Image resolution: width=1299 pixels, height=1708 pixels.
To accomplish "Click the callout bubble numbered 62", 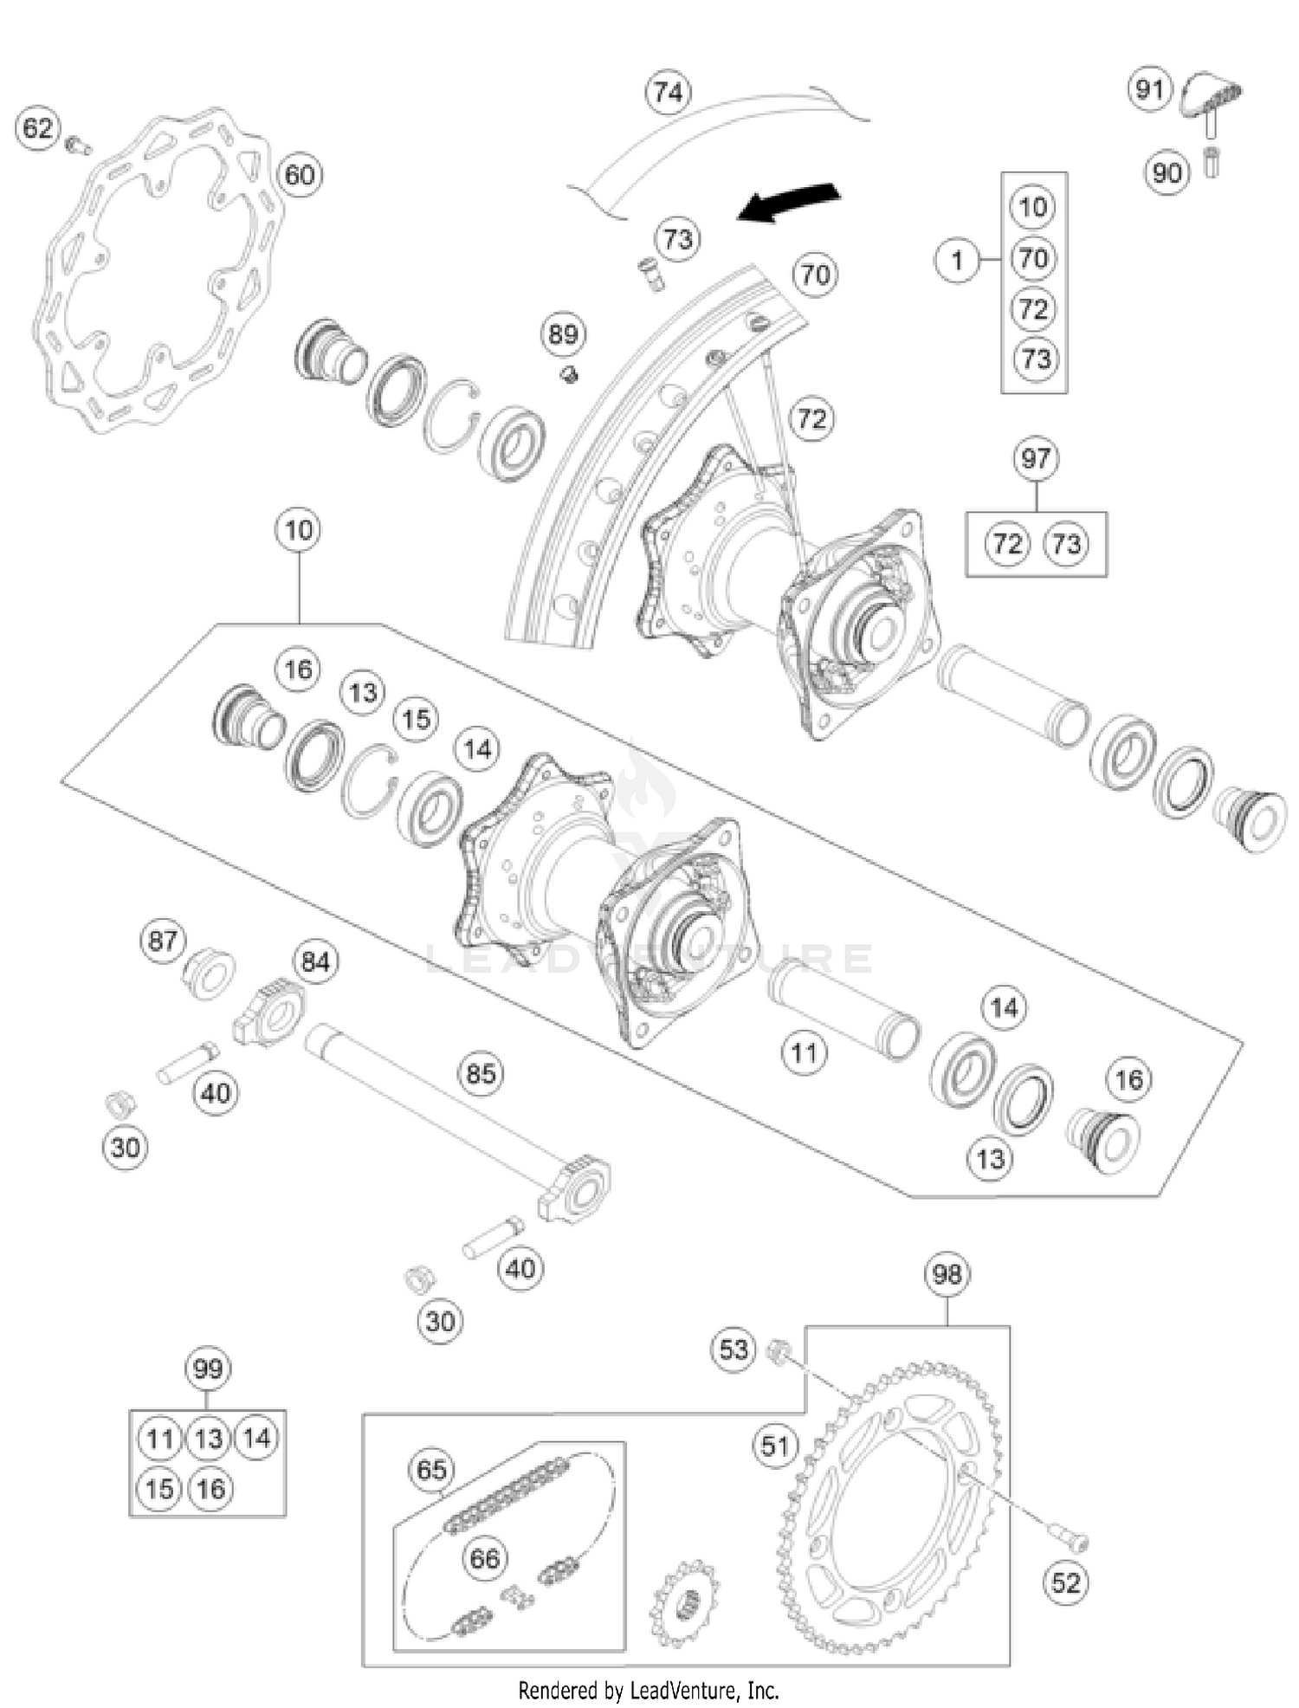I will [x=36, y=129].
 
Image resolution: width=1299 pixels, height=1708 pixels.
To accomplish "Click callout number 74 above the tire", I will [x=668, y=92].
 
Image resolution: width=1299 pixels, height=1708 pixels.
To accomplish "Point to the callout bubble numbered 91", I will [x=1149, y=89].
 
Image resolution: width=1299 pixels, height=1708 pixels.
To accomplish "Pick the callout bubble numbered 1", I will [x=956, y=260].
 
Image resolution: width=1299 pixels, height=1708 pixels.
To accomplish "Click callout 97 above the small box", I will [x=1036, y=458].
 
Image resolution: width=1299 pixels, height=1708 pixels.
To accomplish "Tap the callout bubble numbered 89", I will [x=563, y=334].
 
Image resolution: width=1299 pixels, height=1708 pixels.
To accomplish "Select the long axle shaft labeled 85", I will [x=433, y=1100].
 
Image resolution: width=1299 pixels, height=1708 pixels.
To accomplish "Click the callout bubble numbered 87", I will [x=162, y=941].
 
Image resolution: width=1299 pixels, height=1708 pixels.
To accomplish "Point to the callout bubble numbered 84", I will [x=315, y=961].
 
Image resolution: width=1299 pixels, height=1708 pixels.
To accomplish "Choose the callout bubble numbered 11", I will [x=804, y=1053].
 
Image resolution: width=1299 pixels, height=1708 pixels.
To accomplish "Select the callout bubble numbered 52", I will [x=1065, y=1583].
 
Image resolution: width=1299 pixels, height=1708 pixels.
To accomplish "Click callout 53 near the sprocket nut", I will [x=733, y=1349].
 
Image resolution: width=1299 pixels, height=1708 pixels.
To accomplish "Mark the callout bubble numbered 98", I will [x=947, y=1274].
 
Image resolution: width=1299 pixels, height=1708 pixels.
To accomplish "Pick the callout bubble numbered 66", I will [x=484, y=1559].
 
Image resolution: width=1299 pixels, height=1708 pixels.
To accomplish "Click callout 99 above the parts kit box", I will [x=207, y=1369].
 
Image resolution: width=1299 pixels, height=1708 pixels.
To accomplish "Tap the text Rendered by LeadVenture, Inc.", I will [x=649, y=1690].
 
